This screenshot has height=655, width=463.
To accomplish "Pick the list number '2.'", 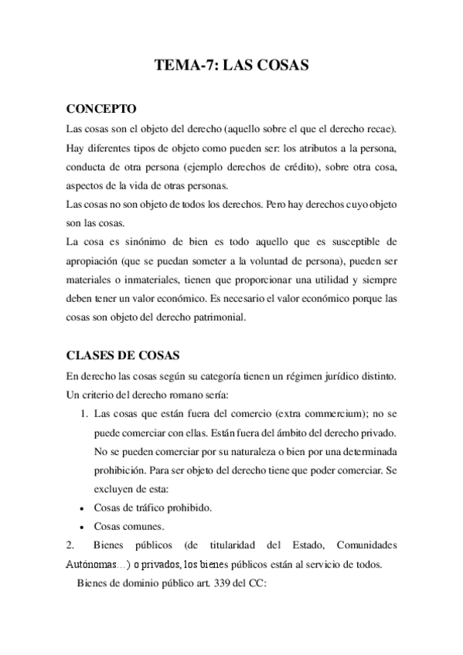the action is click(x=72, y=546).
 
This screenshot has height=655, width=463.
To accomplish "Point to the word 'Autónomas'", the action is click(x=94, y=565).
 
